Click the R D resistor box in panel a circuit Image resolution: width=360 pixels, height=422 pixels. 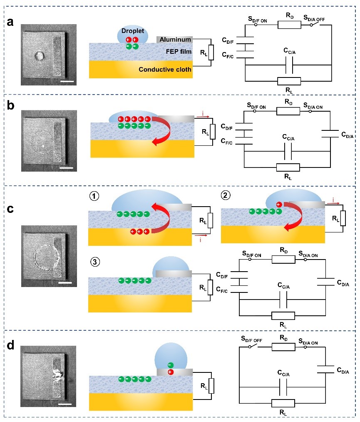pos(289,25)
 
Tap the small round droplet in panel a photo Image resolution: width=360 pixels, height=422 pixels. pos(41,55)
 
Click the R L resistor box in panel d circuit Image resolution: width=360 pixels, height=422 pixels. pos(283,403)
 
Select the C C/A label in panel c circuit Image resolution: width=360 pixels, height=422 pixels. pos(284,285)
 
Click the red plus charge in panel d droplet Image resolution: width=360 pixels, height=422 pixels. pos(171,372)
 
